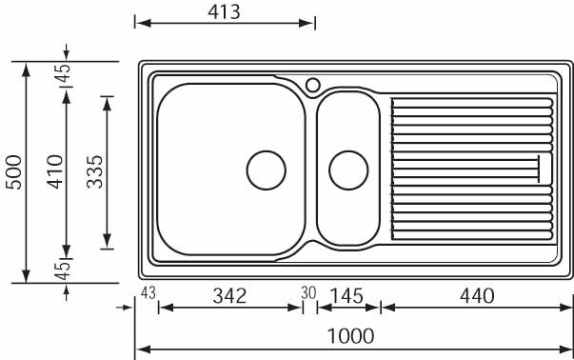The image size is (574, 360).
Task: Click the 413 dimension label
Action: pos(224,12)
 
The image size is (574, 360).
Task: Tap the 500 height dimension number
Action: pos(14,172)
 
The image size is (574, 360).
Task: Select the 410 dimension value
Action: pos(55,171)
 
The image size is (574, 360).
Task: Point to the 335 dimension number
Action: pos(95,171)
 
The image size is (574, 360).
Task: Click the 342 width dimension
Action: pos(230,296)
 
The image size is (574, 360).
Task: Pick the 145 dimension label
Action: pos(346,296)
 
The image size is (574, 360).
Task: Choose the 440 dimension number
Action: pos(477,296)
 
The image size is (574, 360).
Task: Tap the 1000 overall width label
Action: pos(350,336)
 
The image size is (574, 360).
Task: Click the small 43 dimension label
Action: pos(148,293)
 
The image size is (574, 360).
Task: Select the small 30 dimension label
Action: pos(308,293)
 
